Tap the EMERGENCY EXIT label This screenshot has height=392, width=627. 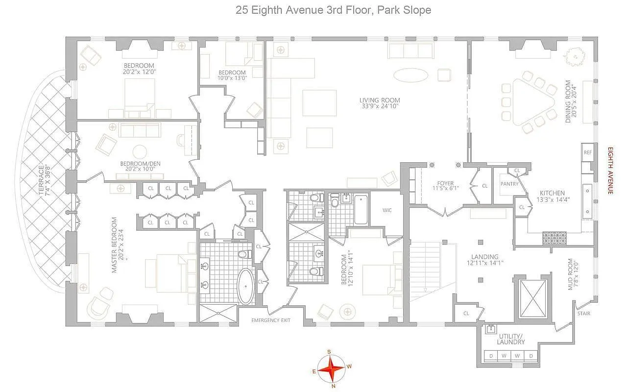pos(271,320)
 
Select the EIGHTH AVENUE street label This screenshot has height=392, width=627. pos(610,170)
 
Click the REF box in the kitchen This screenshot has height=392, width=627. pos(588,152)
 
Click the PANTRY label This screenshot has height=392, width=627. pos(509,184)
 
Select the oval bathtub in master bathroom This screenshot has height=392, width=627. pos(245,286)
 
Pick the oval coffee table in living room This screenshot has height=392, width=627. pos(410,75)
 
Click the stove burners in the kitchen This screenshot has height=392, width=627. pos(554,238)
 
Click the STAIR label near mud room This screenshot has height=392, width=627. pos(584,313)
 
